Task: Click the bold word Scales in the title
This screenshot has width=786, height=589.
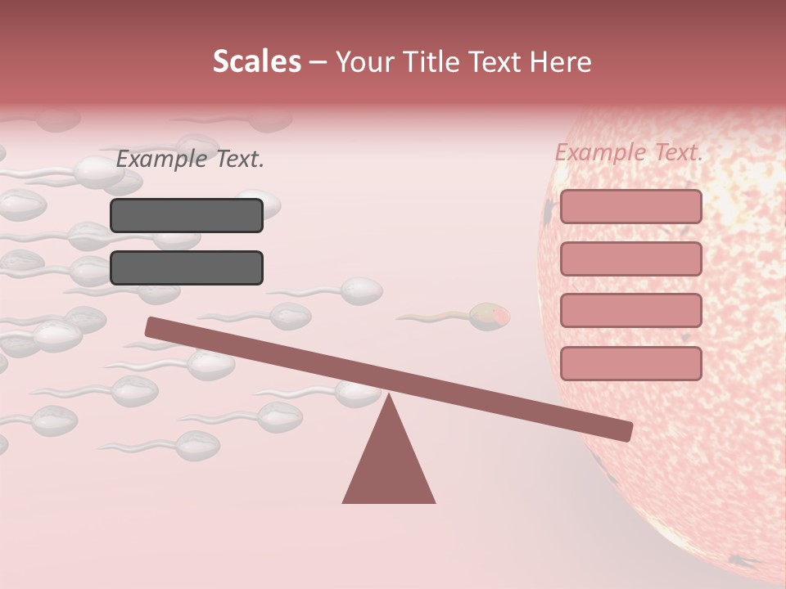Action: tap(256, 61)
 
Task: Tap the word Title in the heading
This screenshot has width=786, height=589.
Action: tap(437, 61)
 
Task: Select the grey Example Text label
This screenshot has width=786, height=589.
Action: tap(190, 160)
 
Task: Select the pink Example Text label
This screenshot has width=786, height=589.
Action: tap(629, 152)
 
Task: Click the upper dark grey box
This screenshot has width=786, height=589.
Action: tap(187, 215)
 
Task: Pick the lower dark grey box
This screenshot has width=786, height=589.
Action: tap(187, 268)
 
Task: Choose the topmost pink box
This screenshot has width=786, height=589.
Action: tap(630, 206)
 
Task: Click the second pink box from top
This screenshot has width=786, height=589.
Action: tap(630, 259)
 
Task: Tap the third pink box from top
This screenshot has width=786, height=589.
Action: tap(630, 311)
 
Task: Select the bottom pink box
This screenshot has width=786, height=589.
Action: tap(630, 363)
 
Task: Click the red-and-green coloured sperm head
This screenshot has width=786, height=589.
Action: tap(489, 316)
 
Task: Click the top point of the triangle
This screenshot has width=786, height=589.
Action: tap(389, 396)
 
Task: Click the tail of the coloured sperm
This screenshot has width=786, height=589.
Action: tap(430, 317)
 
